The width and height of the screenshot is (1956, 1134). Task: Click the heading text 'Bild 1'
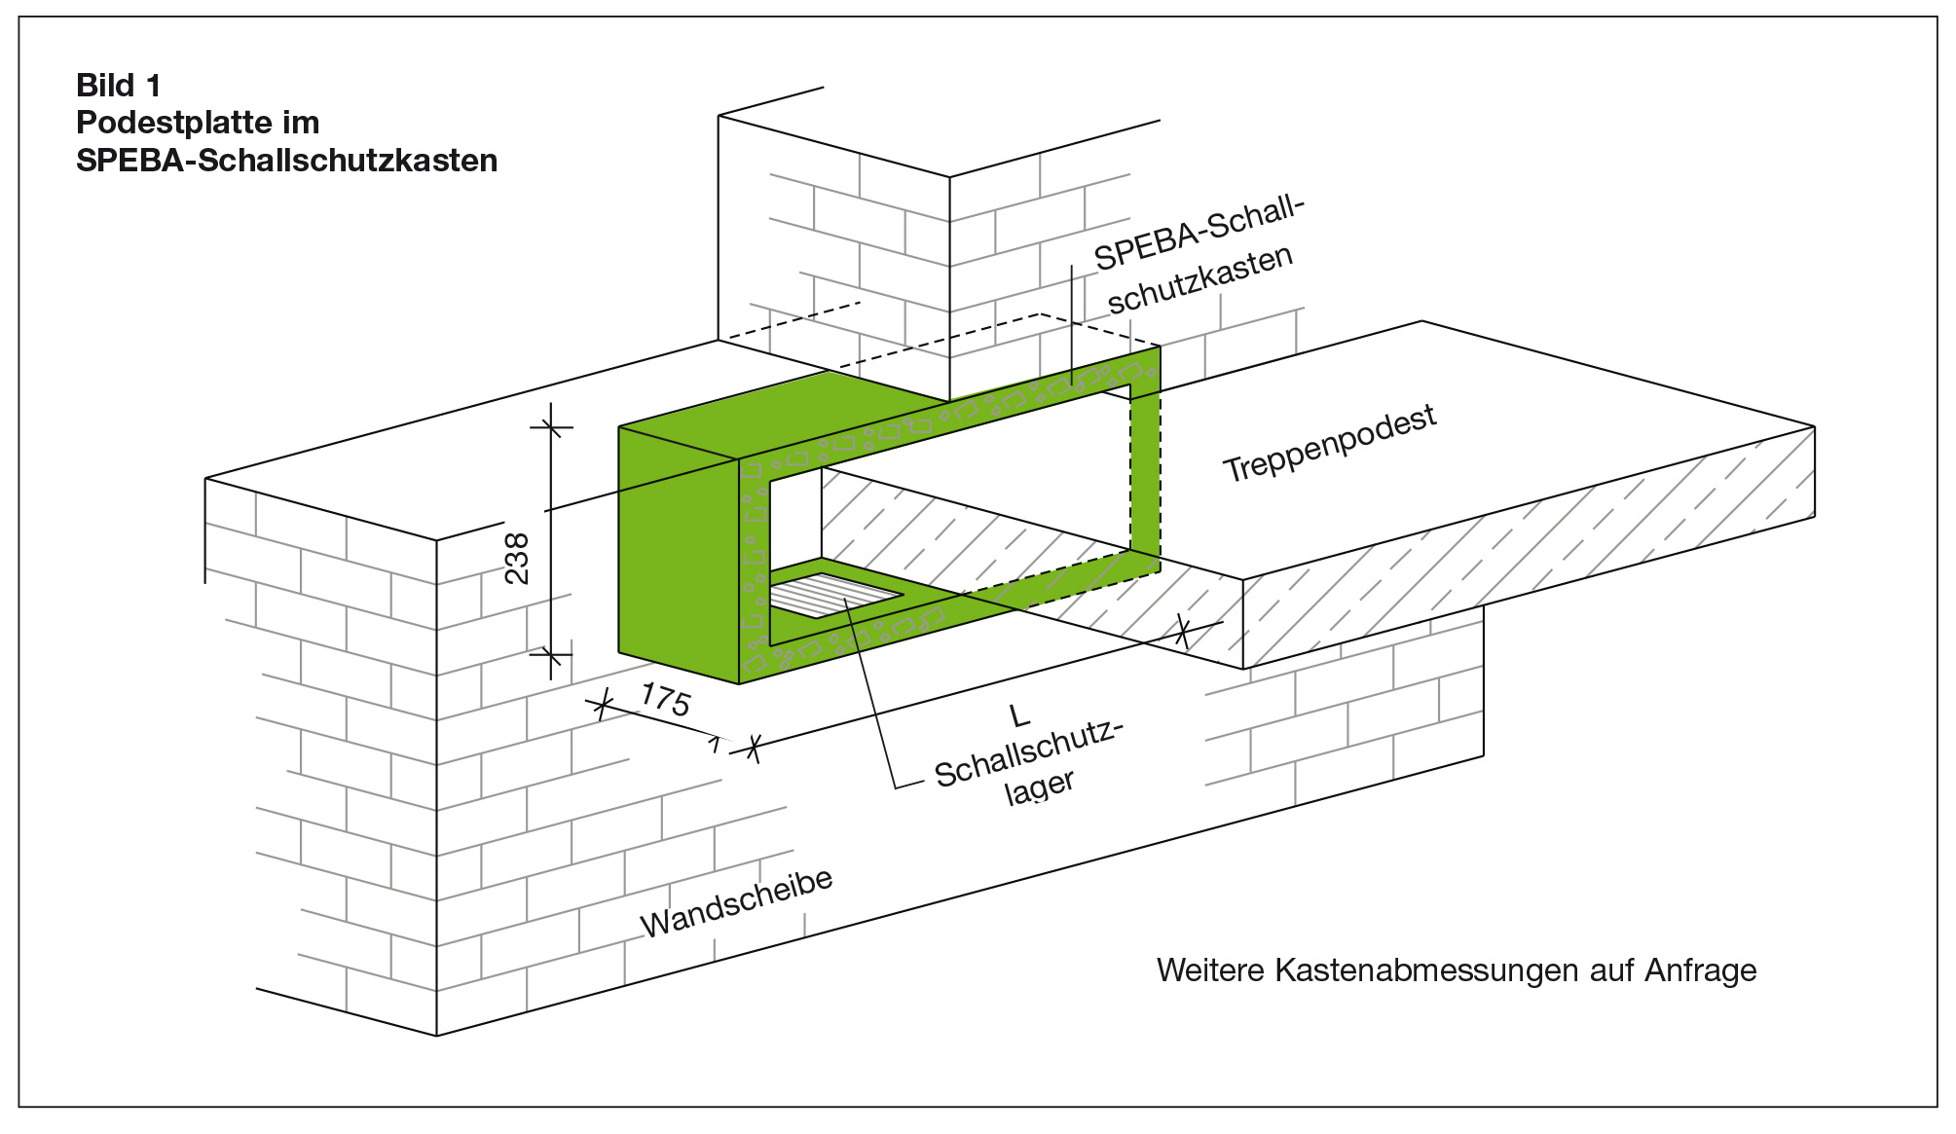[119, 86]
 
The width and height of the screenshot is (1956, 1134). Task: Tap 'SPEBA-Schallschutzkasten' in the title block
[286, 161]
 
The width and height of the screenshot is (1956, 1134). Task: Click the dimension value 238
[518, 558]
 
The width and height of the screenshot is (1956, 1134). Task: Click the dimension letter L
[1019, 717]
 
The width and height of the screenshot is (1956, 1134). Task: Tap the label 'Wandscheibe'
[737, 902]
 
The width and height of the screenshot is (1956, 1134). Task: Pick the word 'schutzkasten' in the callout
[1200, 279]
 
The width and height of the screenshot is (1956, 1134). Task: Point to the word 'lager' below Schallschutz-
[1040, 786]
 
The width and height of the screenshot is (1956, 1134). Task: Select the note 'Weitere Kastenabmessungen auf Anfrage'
[1457, 970]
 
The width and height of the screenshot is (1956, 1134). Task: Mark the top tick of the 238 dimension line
[551, 426]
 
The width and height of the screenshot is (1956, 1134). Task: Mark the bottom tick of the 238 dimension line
[551, 653]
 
